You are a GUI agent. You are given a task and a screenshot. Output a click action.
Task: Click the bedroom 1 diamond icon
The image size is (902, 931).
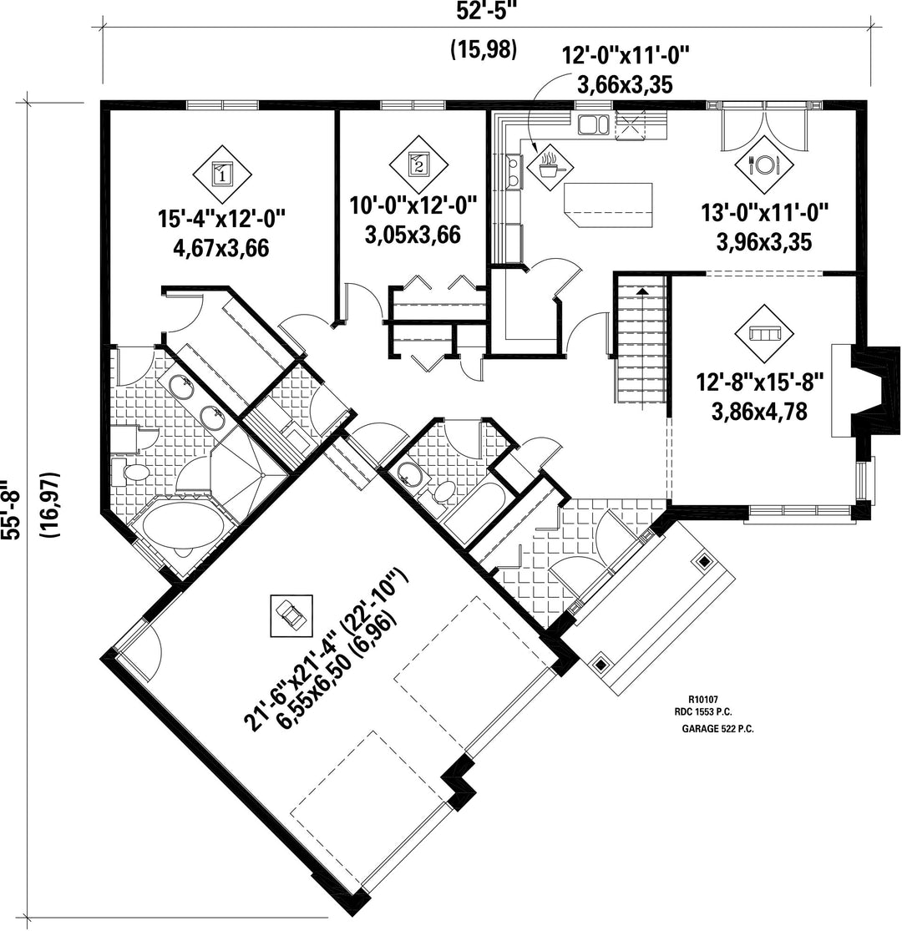tap(222, 175)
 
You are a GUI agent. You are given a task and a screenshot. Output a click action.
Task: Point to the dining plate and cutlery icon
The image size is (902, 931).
tap(764, 164)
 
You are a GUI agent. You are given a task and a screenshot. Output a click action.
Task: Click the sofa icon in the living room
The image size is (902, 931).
tap(764, 334)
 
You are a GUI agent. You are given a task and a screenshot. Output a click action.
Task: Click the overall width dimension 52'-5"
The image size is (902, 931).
tap(484, 13)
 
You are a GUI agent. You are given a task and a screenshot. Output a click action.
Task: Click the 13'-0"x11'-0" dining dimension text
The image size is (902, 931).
tap(765, 213)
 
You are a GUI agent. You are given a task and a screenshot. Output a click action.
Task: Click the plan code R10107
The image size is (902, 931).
tap(703, 700)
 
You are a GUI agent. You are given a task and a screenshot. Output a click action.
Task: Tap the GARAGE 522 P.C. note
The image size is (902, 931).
tap(718, 729)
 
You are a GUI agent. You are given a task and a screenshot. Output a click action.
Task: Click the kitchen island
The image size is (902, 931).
tap(608, 205)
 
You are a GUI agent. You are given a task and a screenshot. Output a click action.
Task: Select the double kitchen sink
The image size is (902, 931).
tap(594, 124)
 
